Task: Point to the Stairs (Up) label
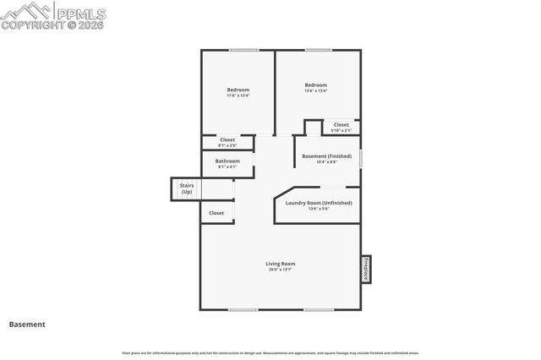click(186, 188)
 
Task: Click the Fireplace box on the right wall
click(366, 269)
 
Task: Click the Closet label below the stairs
click(216, 213)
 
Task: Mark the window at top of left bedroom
click(243, 51)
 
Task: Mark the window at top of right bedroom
click(318, 51)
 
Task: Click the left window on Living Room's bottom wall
click(243, 309)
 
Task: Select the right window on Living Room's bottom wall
click(318, 309)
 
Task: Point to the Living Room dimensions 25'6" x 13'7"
click(281, 270)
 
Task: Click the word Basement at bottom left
click(27, 325)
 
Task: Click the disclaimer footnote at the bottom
click(270, 353)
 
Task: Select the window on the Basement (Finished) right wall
click(361, 157)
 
